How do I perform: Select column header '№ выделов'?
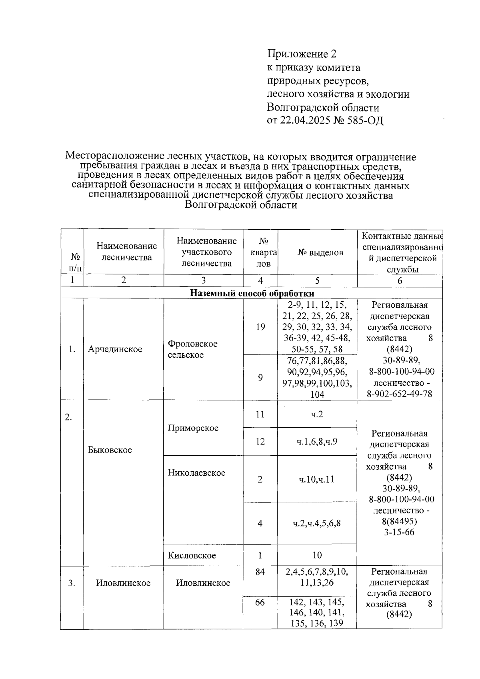click(320, 252)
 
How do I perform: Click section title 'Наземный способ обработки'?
click(252, 293)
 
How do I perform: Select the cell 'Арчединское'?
click(115, 349)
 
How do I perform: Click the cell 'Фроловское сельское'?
click(192, 349)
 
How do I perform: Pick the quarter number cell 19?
click(260, 327)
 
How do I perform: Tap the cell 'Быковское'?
click(110, 450)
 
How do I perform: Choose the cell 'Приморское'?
click(193, 428)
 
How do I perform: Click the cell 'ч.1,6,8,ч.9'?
click(317, 442)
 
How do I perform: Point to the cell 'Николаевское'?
click(196, 473)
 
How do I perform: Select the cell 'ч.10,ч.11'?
click(317, 479)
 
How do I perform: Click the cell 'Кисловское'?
click(192, 555)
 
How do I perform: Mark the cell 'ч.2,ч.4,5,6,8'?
click(317, 523)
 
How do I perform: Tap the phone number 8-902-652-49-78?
click(400, 394)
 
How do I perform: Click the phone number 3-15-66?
click(399, 533)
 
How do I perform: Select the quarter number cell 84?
click(260, 572)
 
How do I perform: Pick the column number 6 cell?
click(400, 281)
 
